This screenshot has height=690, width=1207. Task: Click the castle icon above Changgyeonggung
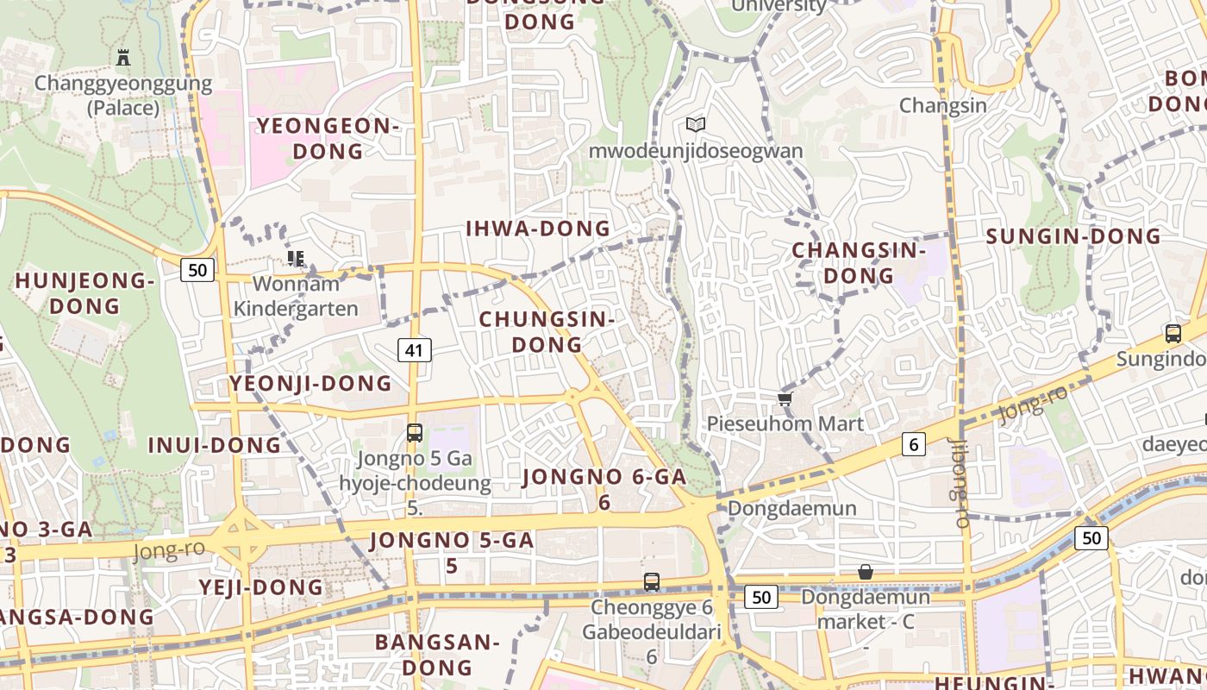(x=123, y=58)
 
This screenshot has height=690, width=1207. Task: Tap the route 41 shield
(x=414, y=349)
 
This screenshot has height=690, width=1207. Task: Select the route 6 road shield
(x=913, y=444)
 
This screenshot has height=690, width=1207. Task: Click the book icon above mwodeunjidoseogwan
(x=696, y=124)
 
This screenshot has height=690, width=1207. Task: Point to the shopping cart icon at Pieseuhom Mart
(x=785, y=398)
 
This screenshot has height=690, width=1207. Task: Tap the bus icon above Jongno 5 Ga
(x=415, y=432)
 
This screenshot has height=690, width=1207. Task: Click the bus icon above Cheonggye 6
(x=652, y=582)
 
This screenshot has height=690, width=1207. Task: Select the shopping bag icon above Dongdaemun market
(x=866, y=572)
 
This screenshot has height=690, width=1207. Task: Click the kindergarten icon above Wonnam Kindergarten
(x=296, y=258)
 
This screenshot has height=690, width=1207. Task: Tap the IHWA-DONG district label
(x=538, y=229)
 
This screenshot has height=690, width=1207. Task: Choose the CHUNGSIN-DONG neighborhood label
(x=547, y=331)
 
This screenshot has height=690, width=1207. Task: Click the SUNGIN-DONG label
(x=1073, y=236)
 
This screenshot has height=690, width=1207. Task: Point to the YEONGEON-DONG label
(x=328, y=138)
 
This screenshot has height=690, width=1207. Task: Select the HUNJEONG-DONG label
(x=84, y=293)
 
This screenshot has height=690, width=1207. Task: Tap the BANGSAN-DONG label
(x=438, y=654)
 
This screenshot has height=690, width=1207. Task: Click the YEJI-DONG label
(x=261, y=587)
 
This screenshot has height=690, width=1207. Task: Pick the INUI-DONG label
(x=215, y=445)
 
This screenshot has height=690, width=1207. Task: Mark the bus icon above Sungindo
(x=1173, y=334)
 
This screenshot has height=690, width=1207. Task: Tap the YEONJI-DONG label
(x=310, y=384)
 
